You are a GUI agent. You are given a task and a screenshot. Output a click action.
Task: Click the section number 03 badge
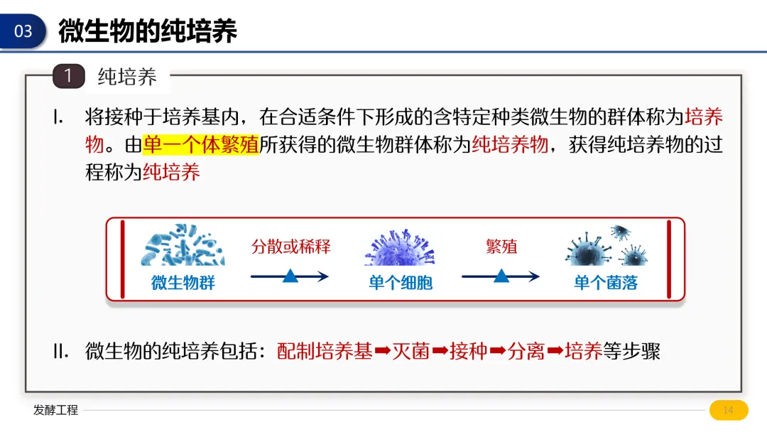(x=23, y=31)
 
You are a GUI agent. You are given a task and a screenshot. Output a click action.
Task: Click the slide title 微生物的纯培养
(x=148, y=31)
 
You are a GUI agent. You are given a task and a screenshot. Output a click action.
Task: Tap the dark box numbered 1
(x=68, y=76)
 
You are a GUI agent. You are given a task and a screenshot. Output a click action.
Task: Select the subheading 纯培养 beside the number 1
(x=127, y=77)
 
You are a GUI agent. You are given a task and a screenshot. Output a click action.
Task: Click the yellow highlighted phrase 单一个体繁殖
(x=201, y=144)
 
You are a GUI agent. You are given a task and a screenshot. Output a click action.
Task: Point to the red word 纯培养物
(x=510, y=144)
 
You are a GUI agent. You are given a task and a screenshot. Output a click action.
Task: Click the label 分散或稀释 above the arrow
(x=291, y=247)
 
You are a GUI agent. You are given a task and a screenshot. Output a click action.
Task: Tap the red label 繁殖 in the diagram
(x=501, y=247)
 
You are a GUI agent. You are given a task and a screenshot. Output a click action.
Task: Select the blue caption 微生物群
(x=183, y=283)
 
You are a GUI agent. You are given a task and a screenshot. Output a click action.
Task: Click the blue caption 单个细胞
(x=400, y=283)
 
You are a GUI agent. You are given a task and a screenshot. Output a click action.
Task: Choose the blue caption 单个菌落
(x=606, y=283)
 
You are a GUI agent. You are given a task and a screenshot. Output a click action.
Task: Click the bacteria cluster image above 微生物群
(x=183, y=245)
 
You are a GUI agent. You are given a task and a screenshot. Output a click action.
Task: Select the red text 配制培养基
(x=325, y=351)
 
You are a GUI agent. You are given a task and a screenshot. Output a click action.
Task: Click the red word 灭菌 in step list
(x=411, y=351)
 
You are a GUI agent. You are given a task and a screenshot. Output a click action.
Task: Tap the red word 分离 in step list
(x=526, y=351)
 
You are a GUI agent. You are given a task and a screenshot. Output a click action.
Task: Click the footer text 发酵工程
(x=55, y=410)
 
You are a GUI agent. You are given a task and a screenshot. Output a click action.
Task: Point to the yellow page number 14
(x=728, y=410)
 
